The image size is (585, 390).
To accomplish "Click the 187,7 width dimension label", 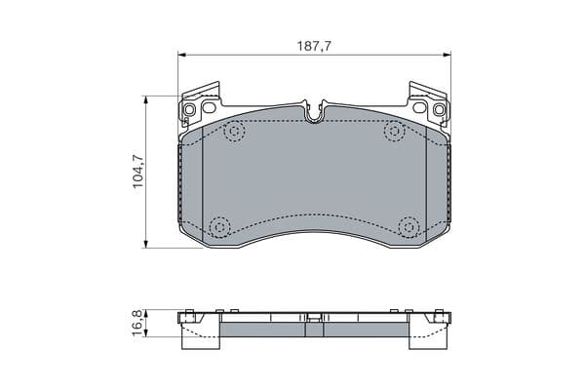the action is click(314, 46).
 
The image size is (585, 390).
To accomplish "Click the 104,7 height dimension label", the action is click(138, 172).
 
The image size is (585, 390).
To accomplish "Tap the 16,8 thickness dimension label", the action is click(137, 323).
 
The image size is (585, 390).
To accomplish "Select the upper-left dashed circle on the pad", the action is click(234, 132).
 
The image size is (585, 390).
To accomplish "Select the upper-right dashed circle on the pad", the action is click(394, 132).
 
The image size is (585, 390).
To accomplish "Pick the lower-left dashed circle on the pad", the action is click(219, 227).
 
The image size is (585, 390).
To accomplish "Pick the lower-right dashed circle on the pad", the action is click(409, 227).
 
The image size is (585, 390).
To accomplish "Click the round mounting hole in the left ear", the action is click(189, 110).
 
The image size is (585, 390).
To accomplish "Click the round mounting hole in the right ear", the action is click(439, 110).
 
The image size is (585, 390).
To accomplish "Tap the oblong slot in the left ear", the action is click(209, 108).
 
